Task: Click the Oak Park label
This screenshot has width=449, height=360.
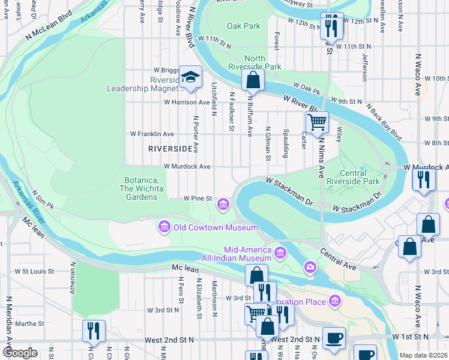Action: (244, 26)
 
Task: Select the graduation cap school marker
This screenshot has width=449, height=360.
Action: (191, 77)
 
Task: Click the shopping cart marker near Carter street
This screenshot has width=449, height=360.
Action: (317, 122)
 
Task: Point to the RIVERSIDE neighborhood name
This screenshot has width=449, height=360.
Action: (170, 148)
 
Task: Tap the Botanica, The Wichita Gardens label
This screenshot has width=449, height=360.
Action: (142, 188)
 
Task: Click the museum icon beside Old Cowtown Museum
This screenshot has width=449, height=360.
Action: (163, 227)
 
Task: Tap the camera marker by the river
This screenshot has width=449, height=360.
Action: (310, 266)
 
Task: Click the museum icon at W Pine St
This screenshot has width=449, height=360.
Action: (223, 205)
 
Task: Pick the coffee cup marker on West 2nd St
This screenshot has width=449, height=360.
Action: (334, 338)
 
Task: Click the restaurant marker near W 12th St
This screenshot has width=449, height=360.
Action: (331, 25)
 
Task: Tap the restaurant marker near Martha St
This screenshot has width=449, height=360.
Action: (94, 331)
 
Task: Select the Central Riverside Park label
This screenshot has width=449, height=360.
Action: (361, 177)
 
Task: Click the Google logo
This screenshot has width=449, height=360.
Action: (20, 353)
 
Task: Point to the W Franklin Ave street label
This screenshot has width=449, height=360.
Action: (152, 134)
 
